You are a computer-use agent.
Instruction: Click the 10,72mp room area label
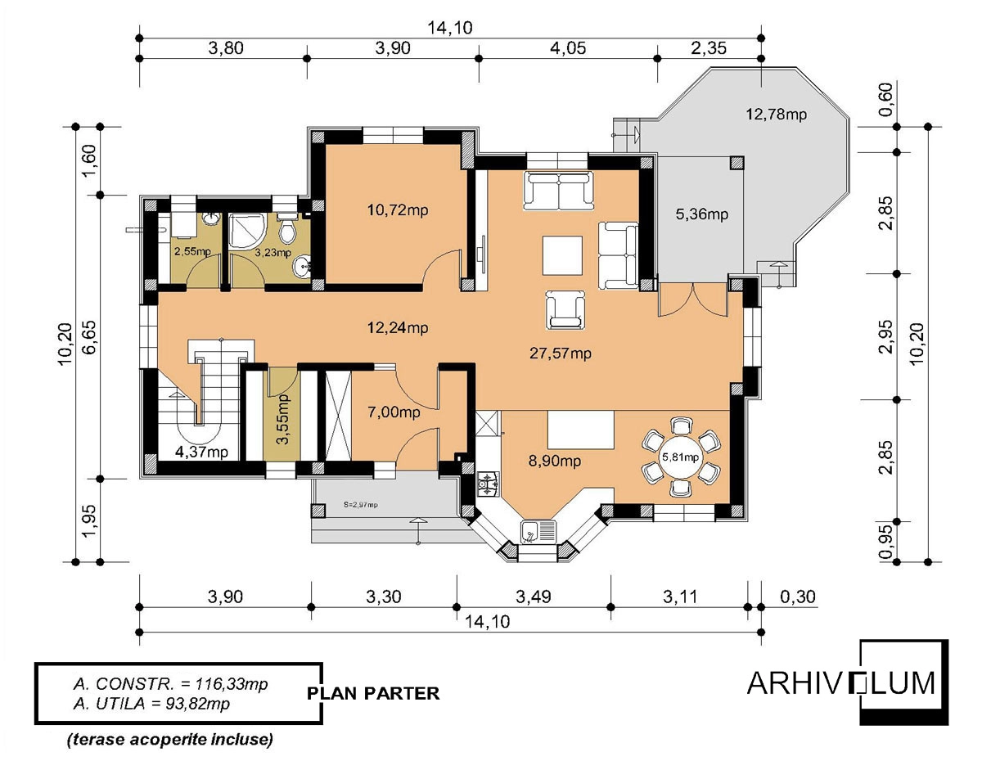coord(398,210)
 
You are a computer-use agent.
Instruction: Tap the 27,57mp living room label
coord(561,353)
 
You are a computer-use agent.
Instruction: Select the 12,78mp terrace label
coord(776,115)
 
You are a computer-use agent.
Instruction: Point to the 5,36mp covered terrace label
coord(702,214)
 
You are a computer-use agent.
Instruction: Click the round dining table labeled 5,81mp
coord(680,457)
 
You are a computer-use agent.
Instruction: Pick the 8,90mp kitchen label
coord(555,461)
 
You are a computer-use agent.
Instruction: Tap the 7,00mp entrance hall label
coord(394,412)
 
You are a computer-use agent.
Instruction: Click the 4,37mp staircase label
coord(201,452)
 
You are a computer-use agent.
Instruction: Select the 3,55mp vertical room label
coord(282,419)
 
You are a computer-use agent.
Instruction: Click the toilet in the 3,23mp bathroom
coord(287,229)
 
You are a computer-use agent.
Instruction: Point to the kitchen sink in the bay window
coord(538,533)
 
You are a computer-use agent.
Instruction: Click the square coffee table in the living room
coord(562,255)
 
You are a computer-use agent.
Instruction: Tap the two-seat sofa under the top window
coord(560,190)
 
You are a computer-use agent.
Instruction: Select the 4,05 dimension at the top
coord(568,48)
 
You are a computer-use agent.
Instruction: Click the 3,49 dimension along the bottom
coord(534,597)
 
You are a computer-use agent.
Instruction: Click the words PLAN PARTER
coord(373,693)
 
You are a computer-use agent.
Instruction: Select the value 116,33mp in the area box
coord(232,684)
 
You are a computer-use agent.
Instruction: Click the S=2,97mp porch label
coord(360,505)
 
